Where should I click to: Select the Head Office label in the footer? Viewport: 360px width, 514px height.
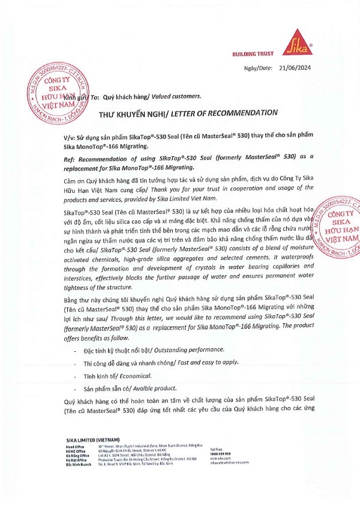tap(75, 447)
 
